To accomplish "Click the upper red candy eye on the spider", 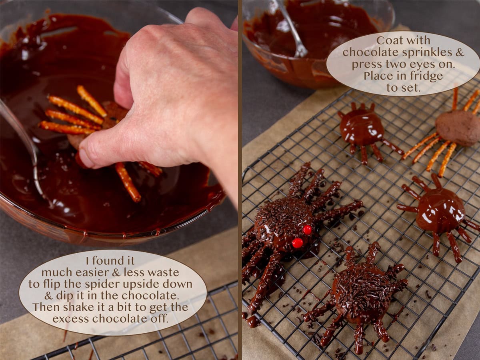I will pos(307,230).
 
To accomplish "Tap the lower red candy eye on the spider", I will pos(297,243).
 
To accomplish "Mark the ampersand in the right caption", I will pos(460,52).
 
